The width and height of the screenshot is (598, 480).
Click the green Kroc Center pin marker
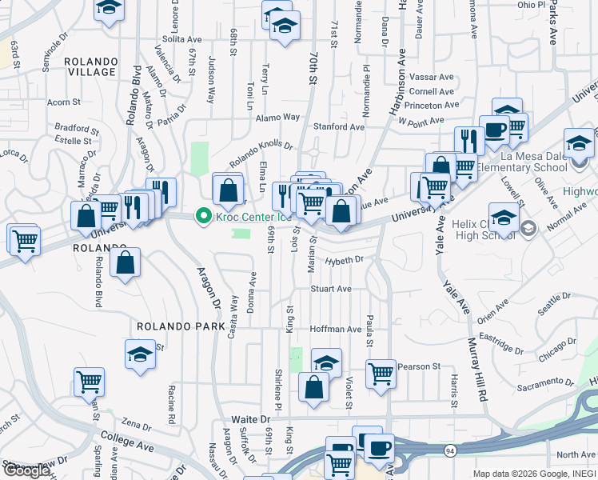(203, 216)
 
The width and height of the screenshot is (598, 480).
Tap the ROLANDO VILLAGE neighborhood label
(91, 66)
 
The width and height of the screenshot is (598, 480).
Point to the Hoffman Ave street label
(336, 329)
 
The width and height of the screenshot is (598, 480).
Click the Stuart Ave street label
(331, 289)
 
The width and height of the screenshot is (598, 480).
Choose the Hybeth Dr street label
(345, 260)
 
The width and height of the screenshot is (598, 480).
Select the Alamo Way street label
(277, 118)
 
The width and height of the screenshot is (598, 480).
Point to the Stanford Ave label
(338, 126)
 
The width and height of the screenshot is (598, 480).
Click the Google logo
(26, 471)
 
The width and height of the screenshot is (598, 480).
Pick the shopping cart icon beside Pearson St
(381, 373)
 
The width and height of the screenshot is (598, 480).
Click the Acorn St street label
(64, 102)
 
